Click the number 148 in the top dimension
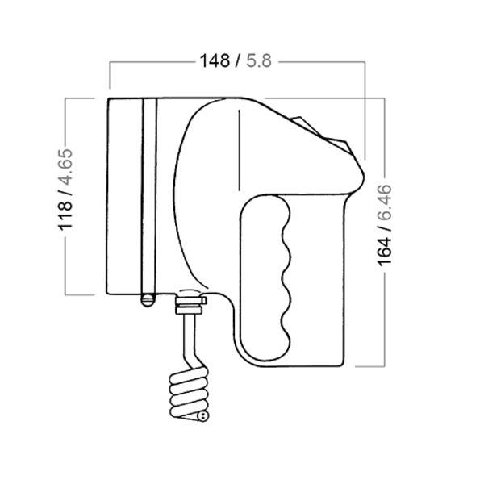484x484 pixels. [x=215, y=60]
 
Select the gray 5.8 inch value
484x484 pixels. [x=259, y=60]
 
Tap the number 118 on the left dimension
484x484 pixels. [x=65, y=215]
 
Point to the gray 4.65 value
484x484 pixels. [x=65, y=167]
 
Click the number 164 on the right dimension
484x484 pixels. [x=384, y=252]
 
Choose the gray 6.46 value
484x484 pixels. [x=384, y=202]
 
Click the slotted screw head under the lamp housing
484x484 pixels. [x=148, y=299]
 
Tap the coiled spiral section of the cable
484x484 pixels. [x=188, y=393]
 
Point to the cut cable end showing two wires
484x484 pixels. [x=202, y=416]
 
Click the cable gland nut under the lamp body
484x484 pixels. [x=190, y=305]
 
